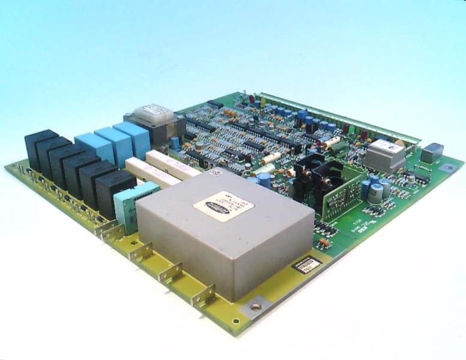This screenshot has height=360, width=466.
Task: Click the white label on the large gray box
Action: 223,206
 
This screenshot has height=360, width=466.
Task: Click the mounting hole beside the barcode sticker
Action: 256,306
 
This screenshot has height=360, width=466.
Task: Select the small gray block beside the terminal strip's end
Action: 431,153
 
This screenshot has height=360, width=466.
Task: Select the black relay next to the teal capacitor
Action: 114,191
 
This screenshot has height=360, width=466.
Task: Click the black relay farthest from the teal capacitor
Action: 40,148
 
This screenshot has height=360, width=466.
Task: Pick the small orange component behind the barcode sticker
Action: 324,242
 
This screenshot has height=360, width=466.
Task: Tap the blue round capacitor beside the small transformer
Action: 174,143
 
